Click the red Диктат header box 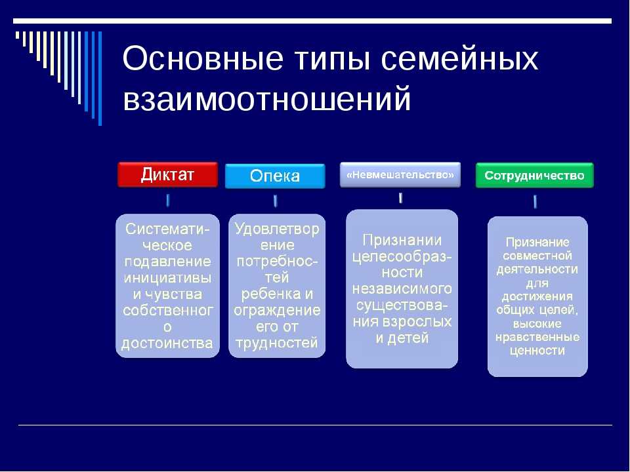167,174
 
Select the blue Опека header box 275,176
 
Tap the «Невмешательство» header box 400,174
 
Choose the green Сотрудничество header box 534,176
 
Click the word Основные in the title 203,58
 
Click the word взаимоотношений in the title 267,99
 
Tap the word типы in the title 332,60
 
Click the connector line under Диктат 167,201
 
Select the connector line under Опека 275,201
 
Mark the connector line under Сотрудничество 535,201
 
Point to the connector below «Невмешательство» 400,198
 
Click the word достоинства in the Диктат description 167,344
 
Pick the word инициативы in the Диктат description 167,278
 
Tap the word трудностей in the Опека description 277,344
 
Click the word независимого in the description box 402,289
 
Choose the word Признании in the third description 402,240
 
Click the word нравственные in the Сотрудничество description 537,337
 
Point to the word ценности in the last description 537,351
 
